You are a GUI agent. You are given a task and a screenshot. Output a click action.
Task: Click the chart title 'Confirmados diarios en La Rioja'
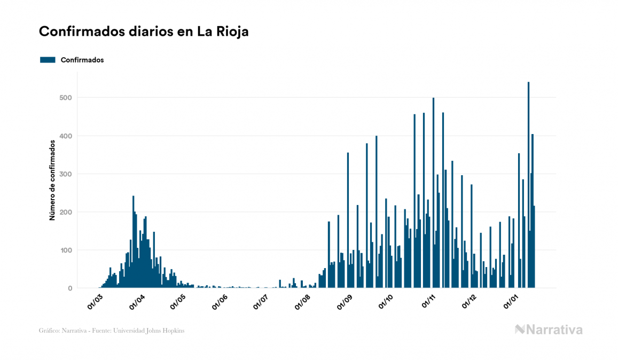click(144, 32)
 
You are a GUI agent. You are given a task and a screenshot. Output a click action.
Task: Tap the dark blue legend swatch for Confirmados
click(48, 60)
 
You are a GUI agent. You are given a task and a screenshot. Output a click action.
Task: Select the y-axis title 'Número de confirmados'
click(52, 180)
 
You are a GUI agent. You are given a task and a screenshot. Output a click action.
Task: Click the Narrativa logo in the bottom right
click(549, 330)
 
